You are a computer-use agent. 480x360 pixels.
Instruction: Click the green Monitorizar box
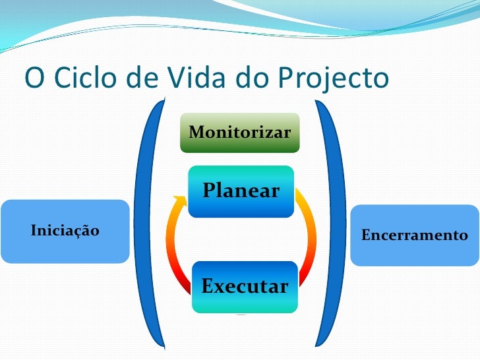tap(240, 133)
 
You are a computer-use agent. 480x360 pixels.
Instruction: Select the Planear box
tap(241, 191)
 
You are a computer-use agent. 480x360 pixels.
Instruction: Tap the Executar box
tap(245, 287)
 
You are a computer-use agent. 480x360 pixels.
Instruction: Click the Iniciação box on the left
tap(64, 231)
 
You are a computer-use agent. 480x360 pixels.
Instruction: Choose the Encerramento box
tap(415, 235)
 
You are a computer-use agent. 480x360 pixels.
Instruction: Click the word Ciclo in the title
tap(82, 78)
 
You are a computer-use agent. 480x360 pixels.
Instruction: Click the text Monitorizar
tap(240, 133)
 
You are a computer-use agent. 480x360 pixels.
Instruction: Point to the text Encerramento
tap(415, 235)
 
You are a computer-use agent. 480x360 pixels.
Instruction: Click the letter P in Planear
tap(211, 191)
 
